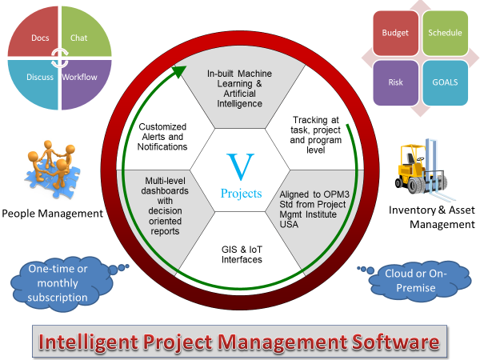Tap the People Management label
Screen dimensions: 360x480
52,214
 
